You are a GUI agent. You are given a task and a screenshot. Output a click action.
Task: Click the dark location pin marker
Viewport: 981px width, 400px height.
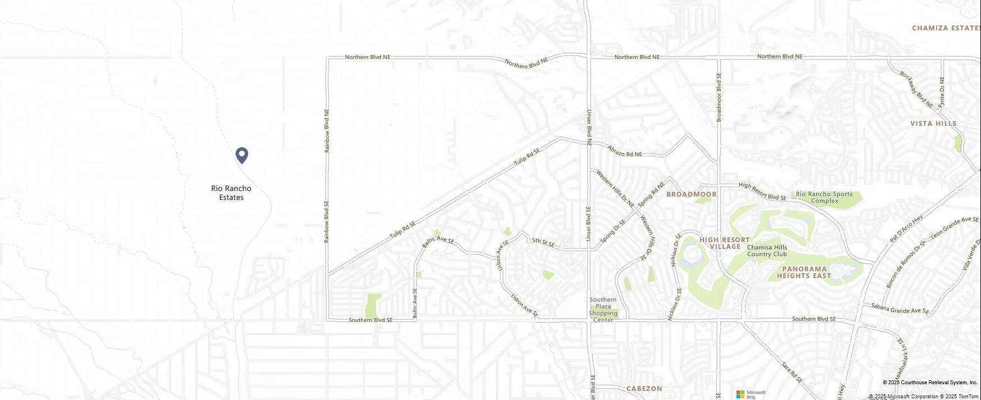242,155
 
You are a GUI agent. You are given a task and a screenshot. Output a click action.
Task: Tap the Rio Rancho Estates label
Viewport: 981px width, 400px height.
231,193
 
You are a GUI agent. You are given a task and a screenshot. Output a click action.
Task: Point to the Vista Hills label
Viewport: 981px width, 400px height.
933,124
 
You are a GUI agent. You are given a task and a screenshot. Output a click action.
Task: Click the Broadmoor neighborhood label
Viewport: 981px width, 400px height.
691,194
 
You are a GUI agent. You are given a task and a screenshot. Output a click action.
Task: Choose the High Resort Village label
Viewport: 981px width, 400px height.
725,243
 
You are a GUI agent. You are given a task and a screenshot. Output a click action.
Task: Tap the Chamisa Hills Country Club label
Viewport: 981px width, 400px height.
767,251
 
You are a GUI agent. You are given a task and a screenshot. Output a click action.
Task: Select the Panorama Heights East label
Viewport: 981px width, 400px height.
804,272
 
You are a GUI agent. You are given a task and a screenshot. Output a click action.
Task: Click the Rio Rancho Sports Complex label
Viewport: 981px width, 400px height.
824,197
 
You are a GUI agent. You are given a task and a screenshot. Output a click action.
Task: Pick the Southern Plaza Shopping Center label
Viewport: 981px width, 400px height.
603,310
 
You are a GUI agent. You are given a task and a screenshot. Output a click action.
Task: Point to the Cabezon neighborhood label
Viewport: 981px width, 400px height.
644,389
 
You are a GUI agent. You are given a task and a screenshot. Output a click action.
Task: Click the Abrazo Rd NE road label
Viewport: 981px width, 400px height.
624,151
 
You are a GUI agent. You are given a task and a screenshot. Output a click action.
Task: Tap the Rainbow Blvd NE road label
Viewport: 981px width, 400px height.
327,130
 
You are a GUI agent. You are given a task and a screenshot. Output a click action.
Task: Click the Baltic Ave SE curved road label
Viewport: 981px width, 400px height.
438,241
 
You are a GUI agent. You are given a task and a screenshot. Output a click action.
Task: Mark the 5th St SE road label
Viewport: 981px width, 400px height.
543,243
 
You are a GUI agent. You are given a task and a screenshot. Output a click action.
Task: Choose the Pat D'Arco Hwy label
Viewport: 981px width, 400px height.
906,229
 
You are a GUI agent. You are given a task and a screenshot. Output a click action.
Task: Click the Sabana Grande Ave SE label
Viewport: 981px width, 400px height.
899,308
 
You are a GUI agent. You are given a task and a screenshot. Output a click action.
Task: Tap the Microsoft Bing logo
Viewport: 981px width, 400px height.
751,394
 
